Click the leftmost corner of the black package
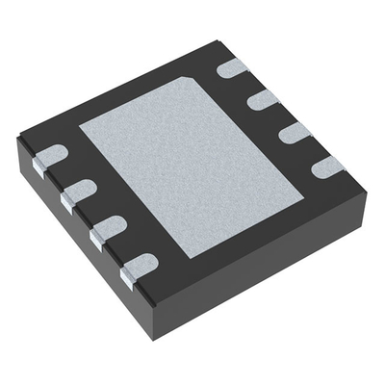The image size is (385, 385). pyautogui.click(x=19, y=140)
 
